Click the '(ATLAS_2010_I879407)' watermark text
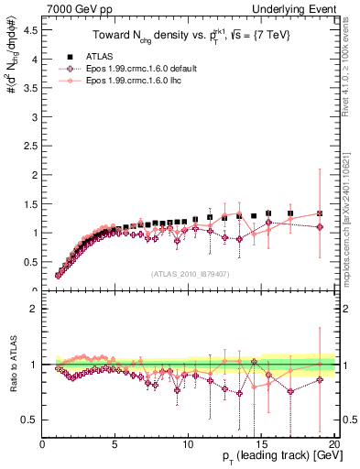190,273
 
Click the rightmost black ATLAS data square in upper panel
320,213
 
